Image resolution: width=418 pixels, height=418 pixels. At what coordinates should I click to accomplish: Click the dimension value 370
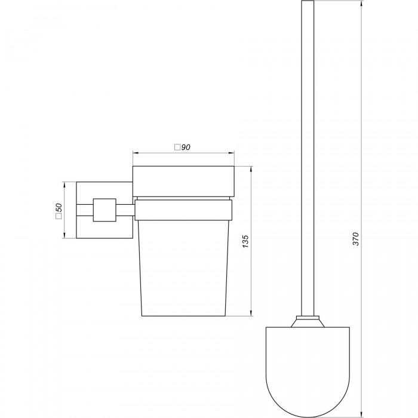[356, 239]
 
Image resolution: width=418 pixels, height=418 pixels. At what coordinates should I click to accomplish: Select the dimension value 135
[245, 241]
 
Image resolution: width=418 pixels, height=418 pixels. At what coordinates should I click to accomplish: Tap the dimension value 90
[186, 147]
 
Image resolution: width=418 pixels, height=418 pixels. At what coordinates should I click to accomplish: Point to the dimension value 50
[59, 207]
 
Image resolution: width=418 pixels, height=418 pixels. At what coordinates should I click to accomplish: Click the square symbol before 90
[177, 147]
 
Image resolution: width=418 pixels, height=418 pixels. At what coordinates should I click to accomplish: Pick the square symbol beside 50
[59, 216]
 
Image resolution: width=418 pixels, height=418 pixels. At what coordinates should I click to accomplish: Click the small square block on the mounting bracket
[105, 210]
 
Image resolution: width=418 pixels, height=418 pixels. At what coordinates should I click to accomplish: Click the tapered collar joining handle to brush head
[308, 322]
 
